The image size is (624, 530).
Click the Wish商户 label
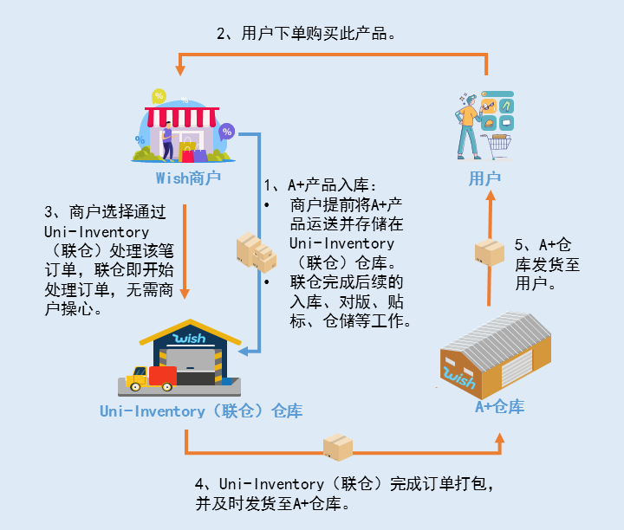[188, 178]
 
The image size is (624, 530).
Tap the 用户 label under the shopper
[484, 178]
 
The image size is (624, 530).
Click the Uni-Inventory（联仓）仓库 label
[200, 411]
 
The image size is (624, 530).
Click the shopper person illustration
[469, 126]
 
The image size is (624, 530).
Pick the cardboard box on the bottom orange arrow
[338, 448]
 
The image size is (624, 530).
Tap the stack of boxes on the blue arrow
[257, 251]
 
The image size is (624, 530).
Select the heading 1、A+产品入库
[321, 185]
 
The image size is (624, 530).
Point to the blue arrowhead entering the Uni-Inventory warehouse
[244, 351]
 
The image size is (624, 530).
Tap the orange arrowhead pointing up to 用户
[490, 197]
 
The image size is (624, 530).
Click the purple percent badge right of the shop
[227, 132]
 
